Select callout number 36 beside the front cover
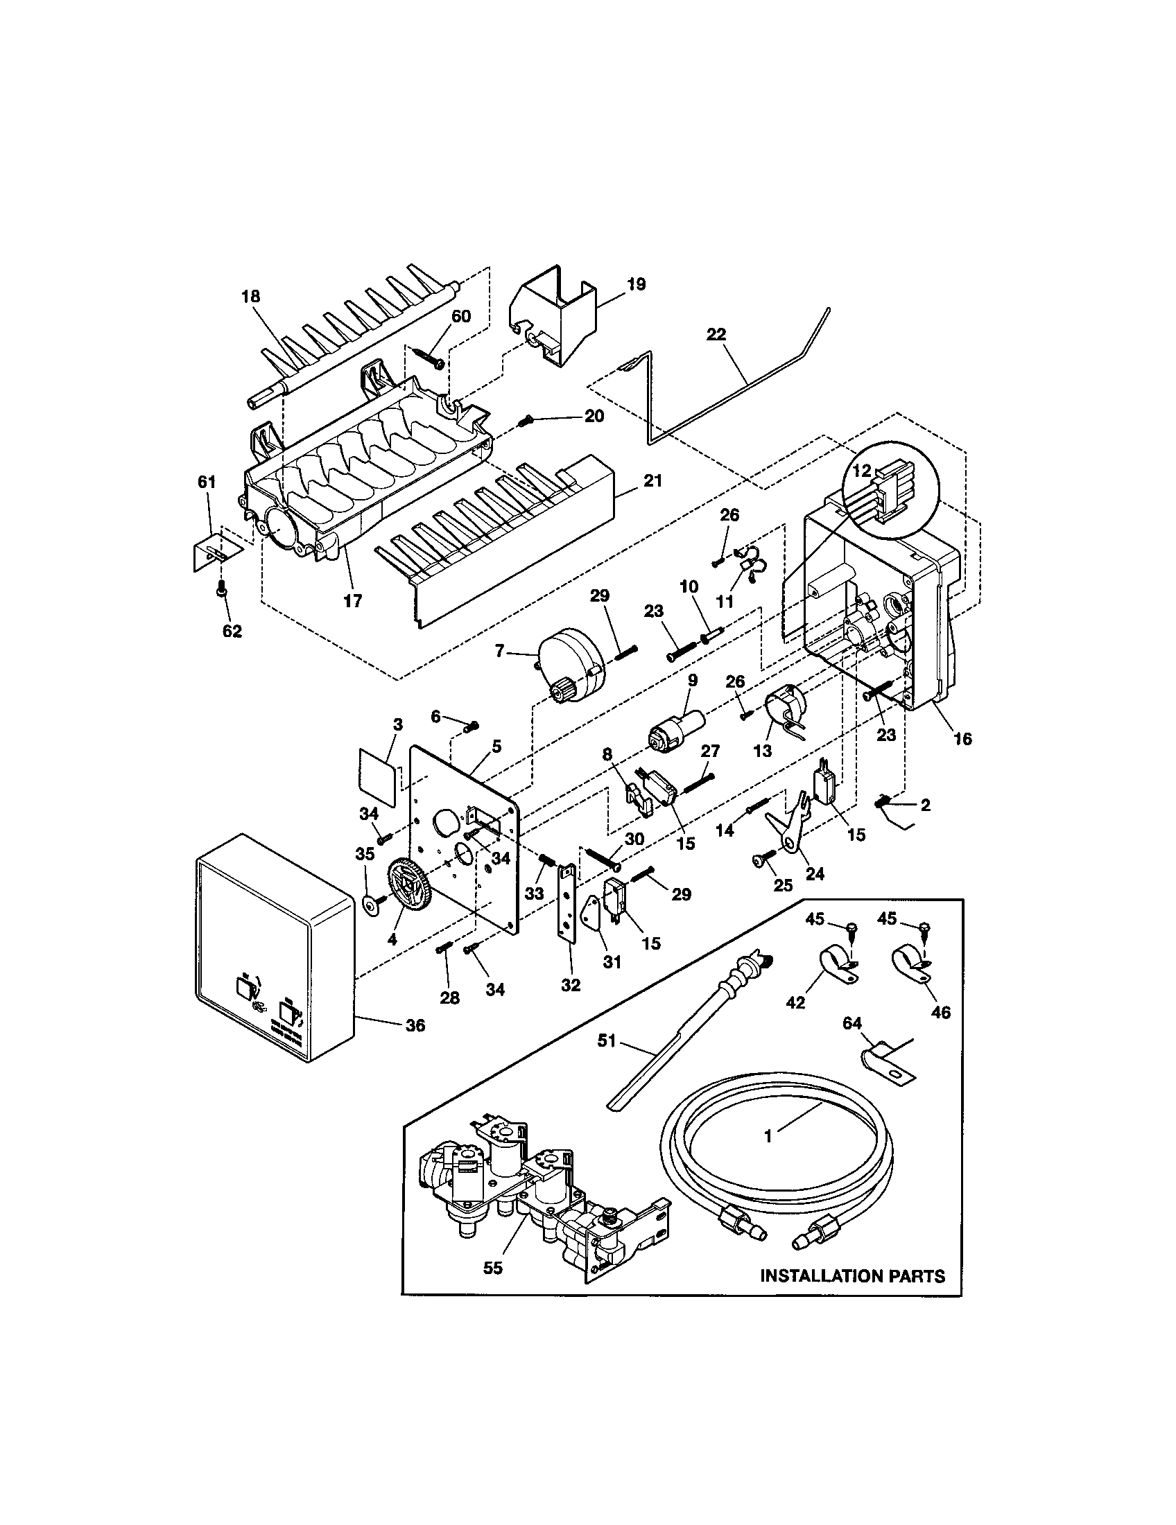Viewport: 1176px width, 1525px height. (415, 1026)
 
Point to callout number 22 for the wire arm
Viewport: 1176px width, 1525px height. (716, 335)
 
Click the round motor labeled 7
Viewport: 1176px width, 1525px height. (567, 665)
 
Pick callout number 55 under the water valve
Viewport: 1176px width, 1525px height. (493, 1268)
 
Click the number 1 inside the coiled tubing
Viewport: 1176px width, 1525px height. (768, 1137)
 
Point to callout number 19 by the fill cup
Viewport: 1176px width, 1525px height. (635, 284)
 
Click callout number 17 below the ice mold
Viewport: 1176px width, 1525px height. (353, 600)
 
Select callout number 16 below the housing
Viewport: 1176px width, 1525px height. (962, 739)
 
